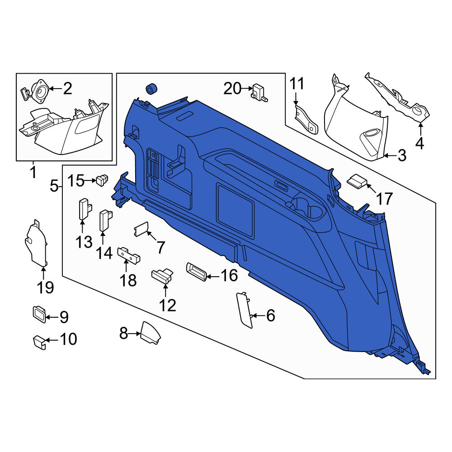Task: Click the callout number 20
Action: [232, 88]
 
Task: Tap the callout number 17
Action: [385, 198]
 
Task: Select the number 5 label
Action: [54, 186]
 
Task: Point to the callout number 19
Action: [45, 287]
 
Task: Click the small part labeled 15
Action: [102, 180]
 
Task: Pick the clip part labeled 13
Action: [85, 209]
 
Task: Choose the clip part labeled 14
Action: [105, 220]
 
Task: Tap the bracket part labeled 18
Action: [129, 255]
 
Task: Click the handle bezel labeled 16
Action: [197, 272]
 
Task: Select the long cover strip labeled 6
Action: [244, 310]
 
